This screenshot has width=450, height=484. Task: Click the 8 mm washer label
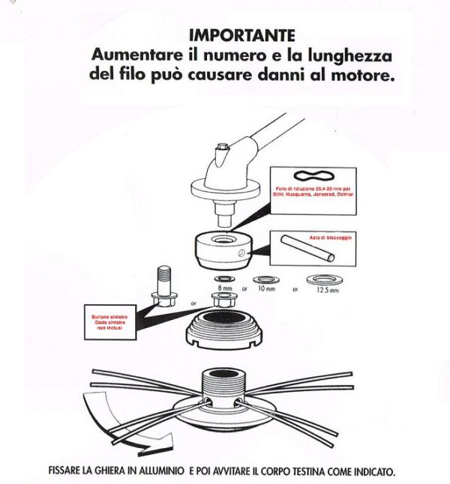225,288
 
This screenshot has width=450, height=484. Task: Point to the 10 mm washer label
266,288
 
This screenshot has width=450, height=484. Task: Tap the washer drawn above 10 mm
266,277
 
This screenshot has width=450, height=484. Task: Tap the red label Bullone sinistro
104,317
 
